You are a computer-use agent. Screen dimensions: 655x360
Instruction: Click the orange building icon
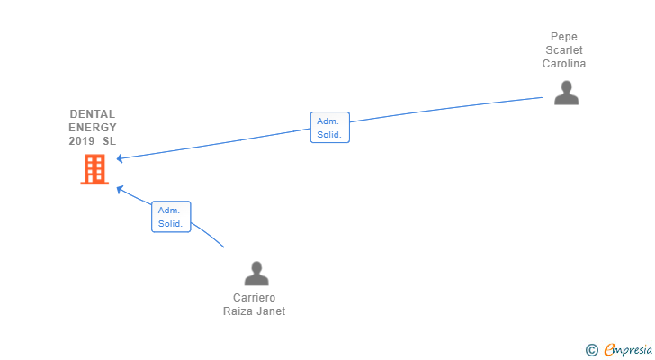point(94,169)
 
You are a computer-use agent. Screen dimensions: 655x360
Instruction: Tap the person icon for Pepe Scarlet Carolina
point(566,93)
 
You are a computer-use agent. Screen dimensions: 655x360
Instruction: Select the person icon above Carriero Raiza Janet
point(256,273)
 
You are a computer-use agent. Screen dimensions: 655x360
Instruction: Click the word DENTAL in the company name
point(93,114)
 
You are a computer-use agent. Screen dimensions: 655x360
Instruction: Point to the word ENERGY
point(93,128)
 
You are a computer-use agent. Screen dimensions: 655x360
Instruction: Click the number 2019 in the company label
point(82,141)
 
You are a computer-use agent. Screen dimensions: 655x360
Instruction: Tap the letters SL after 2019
point(109,141)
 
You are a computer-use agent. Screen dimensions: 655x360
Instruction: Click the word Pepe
point(564,37)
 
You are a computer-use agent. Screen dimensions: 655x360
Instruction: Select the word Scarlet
point(564,50)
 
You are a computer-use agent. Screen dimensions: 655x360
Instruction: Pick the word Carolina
point(564,64)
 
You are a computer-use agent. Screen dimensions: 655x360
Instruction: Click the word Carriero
point(254,298)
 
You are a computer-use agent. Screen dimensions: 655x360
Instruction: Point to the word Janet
point(271,311)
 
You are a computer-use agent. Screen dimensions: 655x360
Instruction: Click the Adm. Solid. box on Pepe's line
point(329,127)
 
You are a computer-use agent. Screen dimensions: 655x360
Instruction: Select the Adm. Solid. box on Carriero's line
point(171,217)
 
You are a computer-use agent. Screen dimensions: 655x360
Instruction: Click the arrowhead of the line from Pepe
point(121,158)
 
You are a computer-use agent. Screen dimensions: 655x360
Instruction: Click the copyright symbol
point(591,349)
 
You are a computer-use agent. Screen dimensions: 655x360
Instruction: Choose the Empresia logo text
point(630,349)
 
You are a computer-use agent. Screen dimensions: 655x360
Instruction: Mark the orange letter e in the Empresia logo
point(609,349)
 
